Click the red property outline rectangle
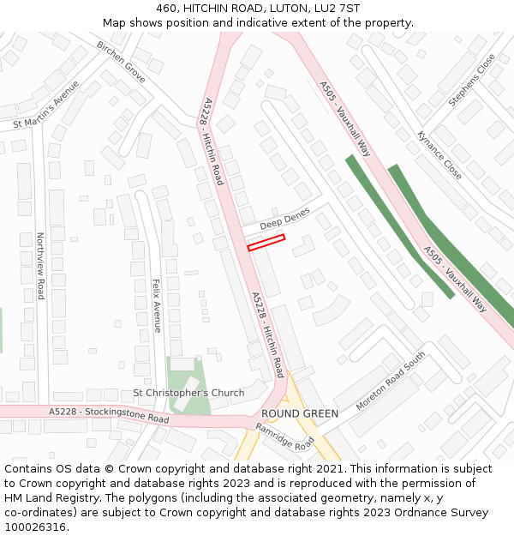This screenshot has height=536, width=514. tap(266, 243)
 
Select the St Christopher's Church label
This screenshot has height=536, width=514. tap(188, 393)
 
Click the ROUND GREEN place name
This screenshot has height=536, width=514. tap(300, 413)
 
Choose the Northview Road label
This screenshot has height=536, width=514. tap(39, 266)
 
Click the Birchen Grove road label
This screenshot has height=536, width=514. tap(121, 62)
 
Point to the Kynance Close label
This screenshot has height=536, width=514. tap(439, 154)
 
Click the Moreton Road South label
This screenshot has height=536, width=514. tap(390, 381)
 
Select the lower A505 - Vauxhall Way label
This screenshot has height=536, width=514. tap(456, 279)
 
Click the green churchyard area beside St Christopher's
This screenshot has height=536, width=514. tap(188, 377)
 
